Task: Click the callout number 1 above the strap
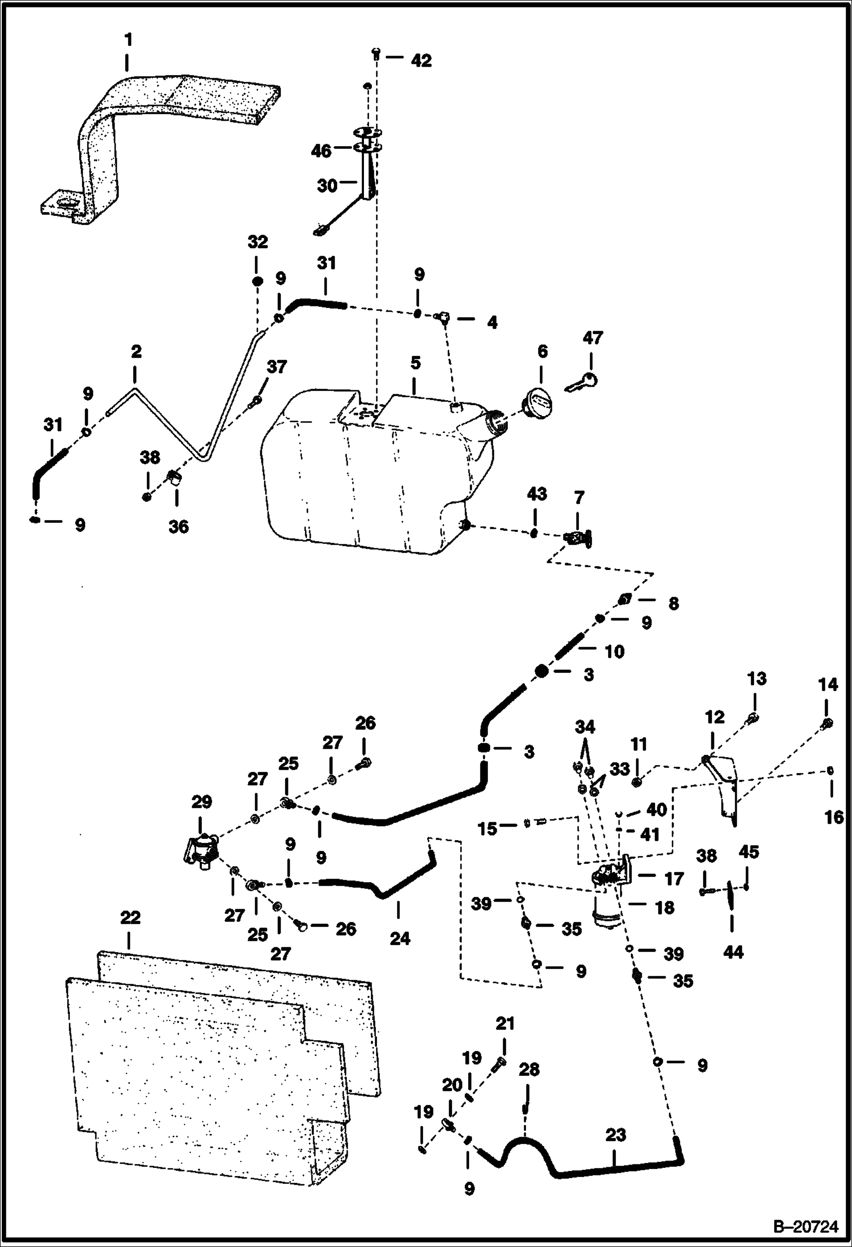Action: click(x=129, y=40)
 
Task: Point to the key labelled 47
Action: click(x=581, y=383)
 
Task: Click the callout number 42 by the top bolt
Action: click(x=421, y=61)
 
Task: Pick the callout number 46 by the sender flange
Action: click(x=321, y=151)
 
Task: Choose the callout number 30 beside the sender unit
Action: click(x=327, y=185)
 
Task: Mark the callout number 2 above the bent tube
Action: click(x=136, y=352)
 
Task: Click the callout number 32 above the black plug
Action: click(x=257, y=242)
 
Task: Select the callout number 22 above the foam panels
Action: click(x=130, y=918)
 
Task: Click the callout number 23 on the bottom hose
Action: click(x=615, y=1134)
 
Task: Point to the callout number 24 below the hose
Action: click(x=400, y=938)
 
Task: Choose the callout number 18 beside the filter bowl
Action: click(x=664, y=908)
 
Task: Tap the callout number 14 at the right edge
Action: click(x=828, y=685)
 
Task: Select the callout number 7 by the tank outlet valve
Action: click(x=579, y=498)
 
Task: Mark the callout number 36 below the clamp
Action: click(x=179, y=526)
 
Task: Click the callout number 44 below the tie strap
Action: click(x=733, y=951)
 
